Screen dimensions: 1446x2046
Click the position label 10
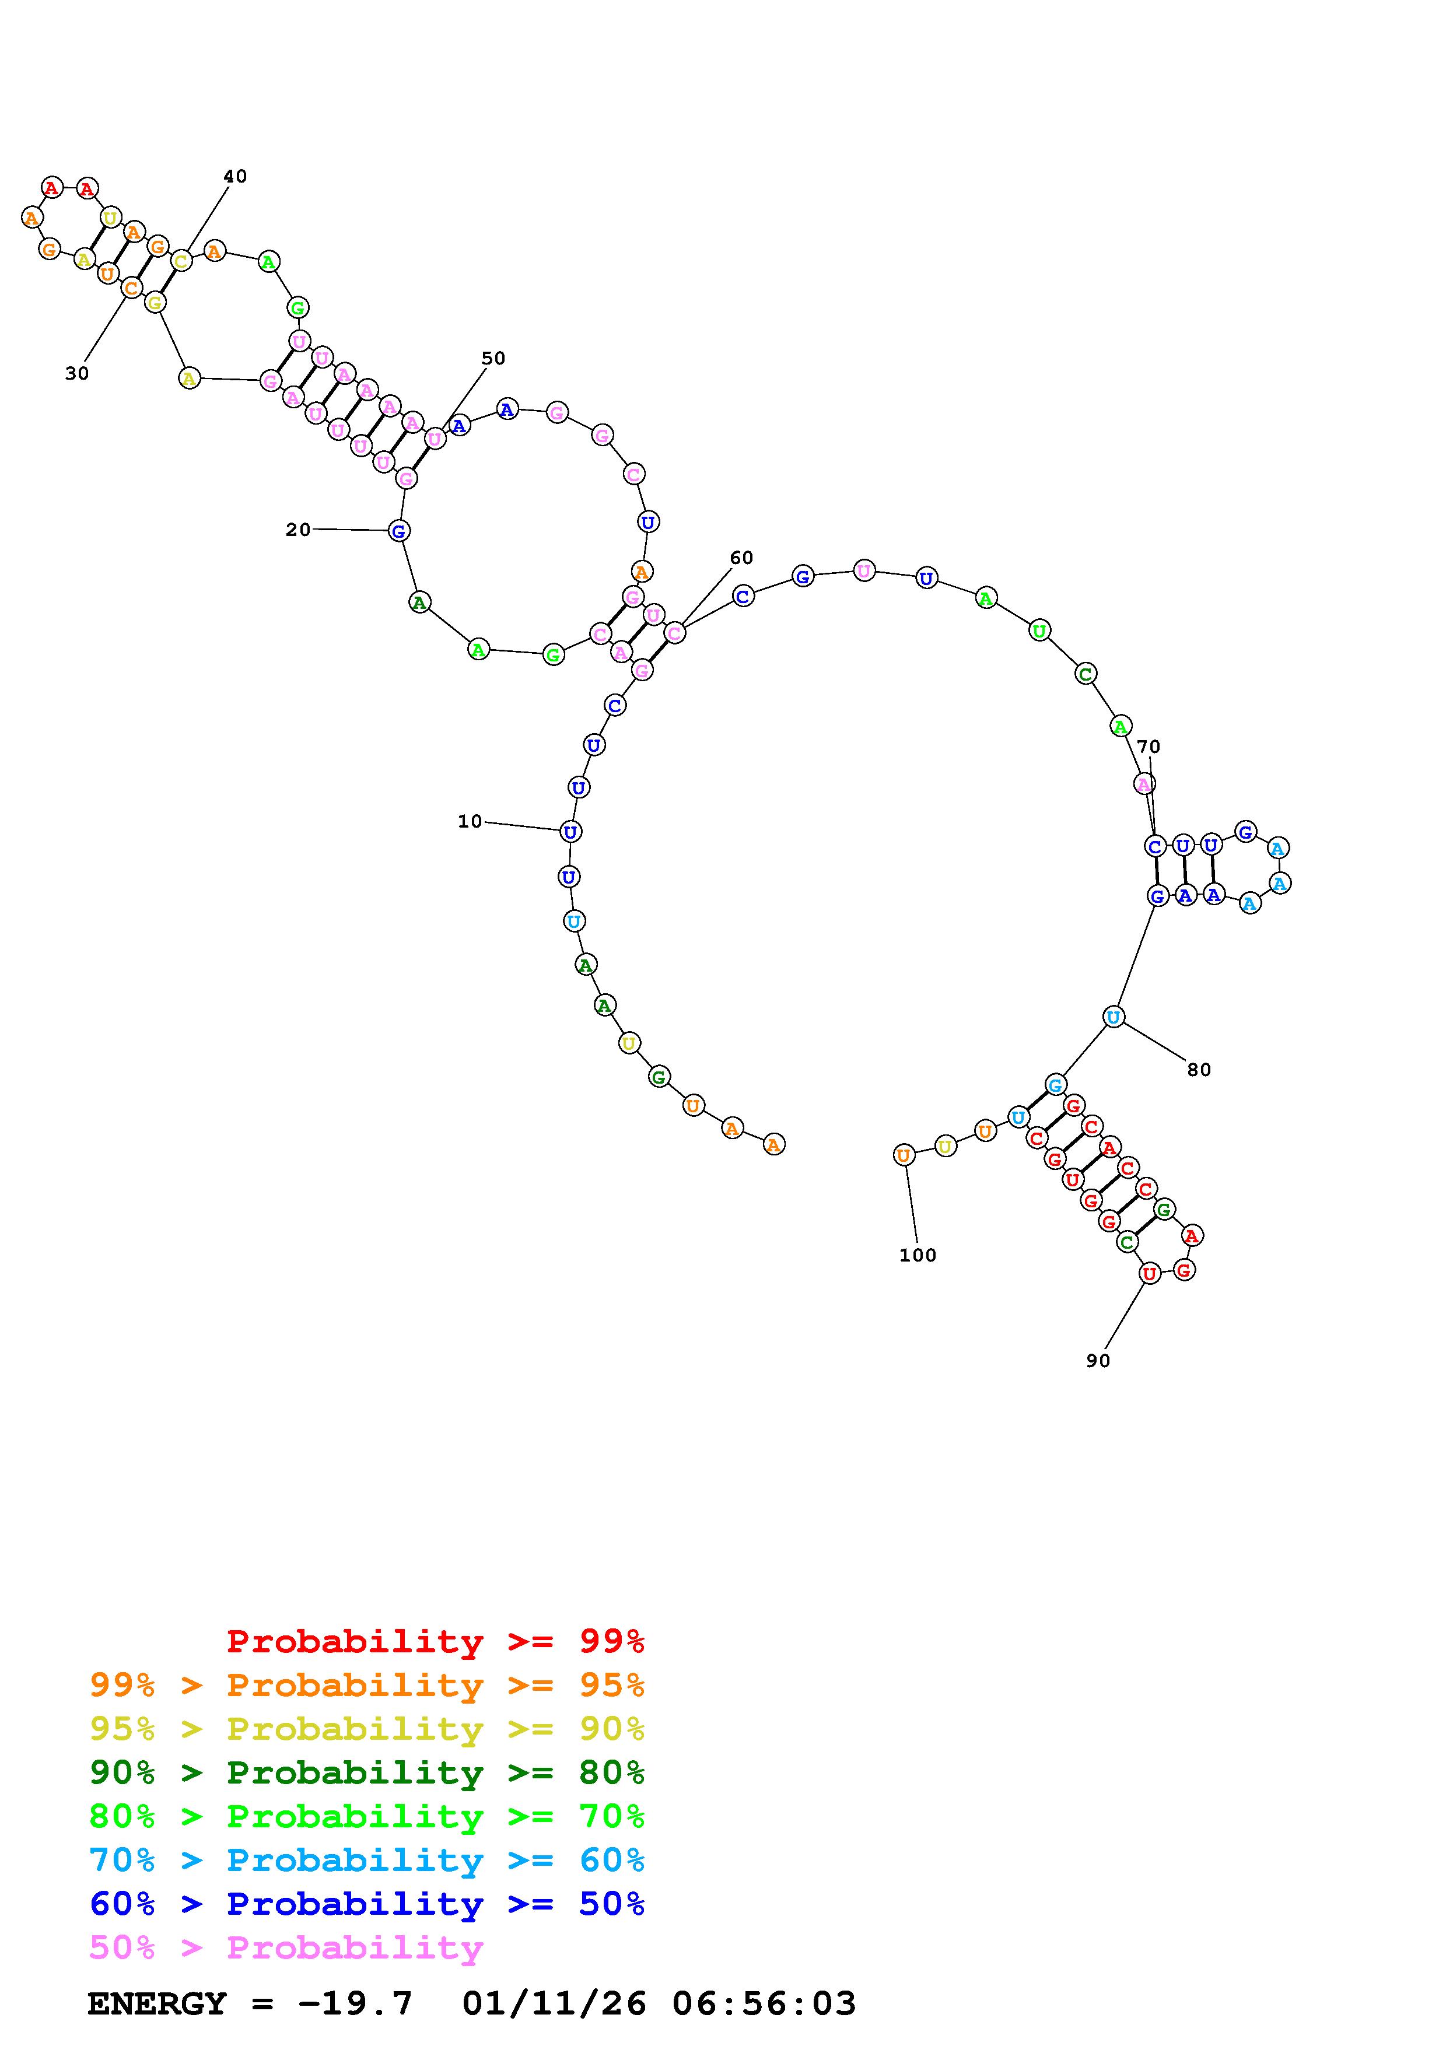(x=470, y=822)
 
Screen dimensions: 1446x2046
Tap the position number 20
(x=297, y=530)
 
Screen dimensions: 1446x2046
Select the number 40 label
(x=235, y=177)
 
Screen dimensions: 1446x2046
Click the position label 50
(x=493, y=358)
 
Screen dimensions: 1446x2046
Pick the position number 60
(x=741, y=558)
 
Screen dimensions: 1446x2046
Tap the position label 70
(x=1149, y=747)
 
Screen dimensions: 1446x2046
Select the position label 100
(x=918, y=1256)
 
